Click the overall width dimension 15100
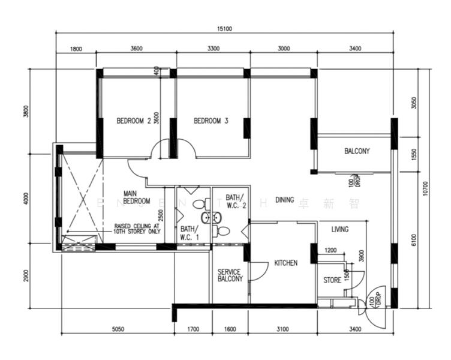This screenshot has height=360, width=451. point(224,28)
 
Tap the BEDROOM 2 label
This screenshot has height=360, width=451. point(133,121)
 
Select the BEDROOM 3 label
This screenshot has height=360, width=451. point(211,121)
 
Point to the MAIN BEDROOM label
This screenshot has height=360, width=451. point(137,197)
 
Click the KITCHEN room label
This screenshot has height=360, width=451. point(285,263)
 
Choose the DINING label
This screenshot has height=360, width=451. point(284,200)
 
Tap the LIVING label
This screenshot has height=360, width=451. point(340,229)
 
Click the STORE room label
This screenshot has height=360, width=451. point(332,280)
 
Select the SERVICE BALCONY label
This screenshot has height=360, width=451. point(230,275)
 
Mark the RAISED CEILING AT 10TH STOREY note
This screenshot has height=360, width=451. point(137,229)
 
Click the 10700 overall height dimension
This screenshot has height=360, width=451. point(425,188)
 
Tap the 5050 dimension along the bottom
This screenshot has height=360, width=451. point(118,328)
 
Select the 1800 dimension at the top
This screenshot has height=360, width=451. point(76,49)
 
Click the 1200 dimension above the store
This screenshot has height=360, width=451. point(330,250)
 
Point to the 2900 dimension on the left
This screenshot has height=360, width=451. point(26,277)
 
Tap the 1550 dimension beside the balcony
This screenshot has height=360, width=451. point(414,155)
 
